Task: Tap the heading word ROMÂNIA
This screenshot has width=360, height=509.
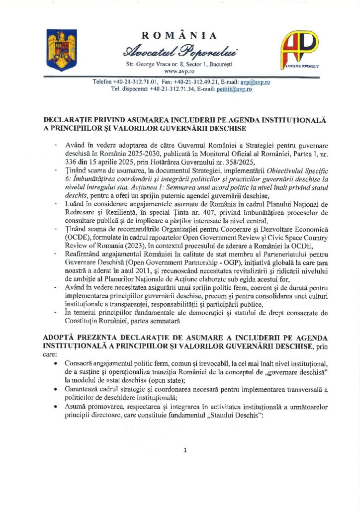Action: (x=180, y=35)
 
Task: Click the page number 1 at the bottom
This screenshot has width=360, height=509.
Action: (x=184, y=450)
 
